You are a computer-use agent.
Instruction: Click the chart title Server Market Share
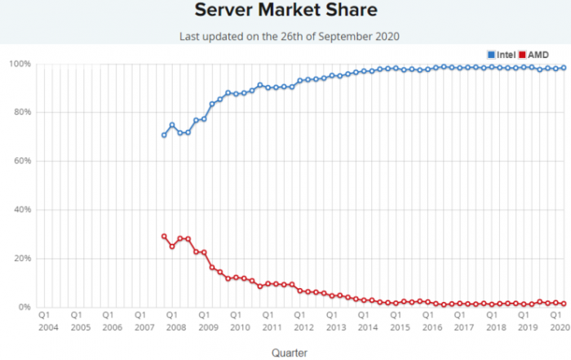(285, 11)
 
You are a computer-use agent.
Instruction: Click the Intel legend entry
(501, 54)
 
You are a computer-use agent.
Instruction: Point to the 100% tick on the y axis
(20, 64)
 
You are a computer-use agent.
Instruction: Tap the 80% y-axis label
(21, 113)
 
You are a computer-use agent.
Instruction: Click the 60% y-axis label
(21, 161)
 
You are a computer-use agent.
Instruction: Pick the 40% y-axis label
(21, 210)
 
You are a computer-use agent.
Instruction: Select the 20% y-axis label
(21, 258)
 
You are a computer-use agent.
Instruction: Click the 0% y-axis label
(24, 307)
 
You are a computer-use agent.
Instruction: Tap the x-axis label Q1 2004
(46, 320)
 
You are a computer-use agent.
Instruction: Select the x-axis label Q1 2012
(303, 320)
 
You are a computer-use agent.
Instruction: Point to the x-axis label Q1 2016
(431, 320)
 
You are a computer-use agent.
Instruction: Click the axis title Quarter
(290, 353)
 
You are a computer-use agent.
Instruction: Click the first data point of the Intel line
(164, 135)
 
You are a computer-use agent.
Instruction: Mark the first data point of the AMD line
(164, 236)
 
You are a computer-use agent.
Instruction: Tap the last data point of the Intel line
(564, 68)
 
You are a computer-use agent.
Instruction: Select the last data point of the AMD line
(564, 304)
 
